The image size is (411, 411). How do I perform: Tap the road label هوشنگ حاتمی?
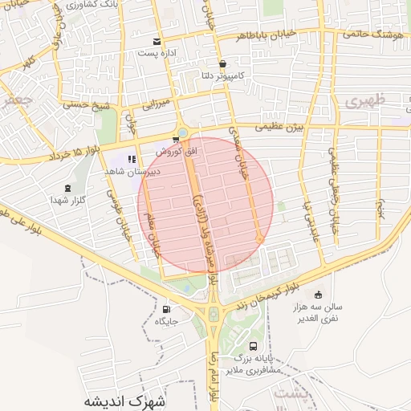[x=376, y=34]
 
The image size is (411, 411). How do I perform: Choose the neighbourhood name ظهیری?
[x=366, y=102]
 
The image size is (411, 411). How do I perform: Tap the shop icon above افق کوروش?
[x=177, y=140]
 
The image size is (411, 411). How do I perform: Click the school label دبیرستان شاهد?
[x=132, y=171]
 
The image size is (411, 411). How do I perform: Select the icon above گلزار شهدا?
[x=67, y=189]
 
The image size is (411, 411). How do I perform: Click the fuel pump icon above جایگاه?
[x=167, y=310]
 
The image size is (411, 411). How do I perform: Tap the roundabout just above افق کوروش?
[x=184, y=132]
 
